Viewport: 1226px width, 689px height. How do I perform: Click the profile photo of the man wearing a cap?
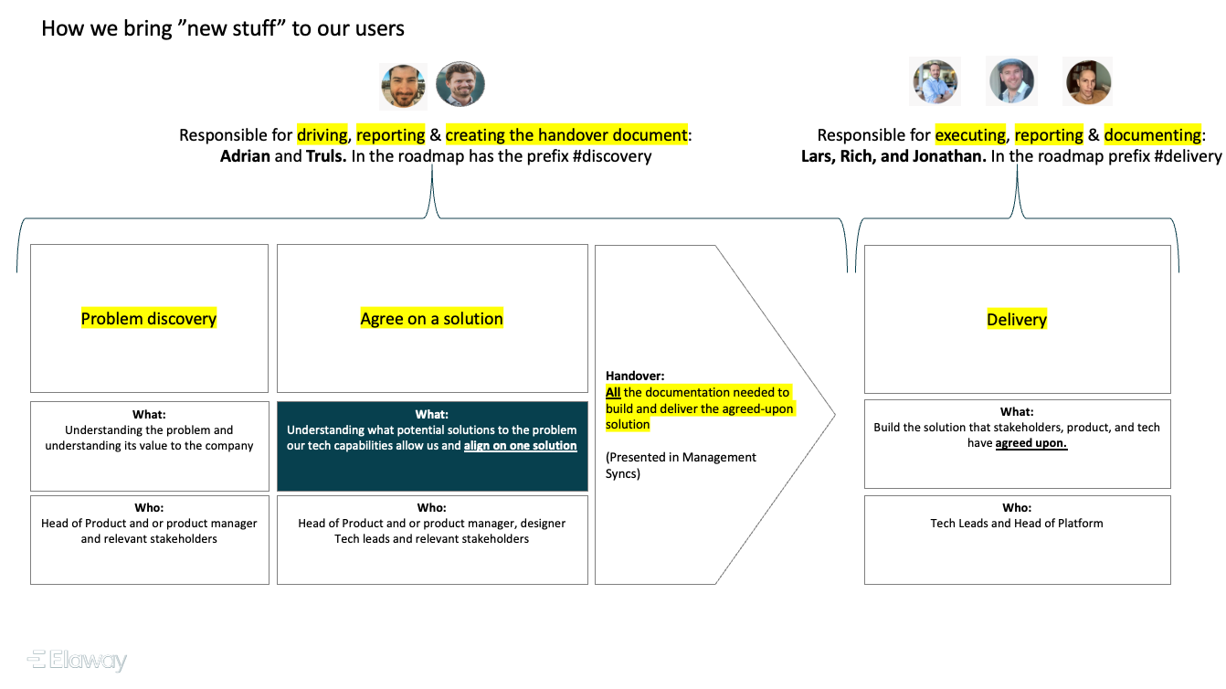(1011, 81)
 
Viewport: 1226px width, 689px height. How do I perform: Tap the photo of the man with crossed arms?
(935, 81)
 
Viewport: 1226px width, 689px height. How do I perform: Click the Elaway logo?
(78, 660)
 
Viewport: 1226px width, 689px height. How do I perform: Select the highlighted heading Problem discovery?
(149, 319)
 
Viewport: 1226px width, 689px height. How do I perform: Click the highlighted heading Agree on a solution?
(432, 319)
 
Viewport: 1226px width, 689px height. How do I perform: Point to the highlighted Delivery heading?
(1017, 320)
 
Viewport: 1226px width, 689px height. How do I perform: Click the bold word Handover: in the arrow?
(635, 376)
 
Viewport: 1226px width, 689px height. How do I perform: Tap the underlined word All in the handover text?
(613, 392)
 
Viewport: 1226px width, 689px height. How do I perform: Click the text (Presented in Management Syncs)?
(681, 465)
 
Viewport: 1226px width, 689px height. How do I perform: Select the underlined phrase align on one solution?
(521, 446)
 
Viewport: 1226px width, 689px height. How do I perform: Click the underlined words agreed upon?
(1031, 443)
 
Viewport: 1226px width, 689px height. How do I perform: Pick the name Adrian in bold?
(246, 156)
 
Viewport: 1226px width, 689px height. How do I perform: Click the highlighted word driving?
(322, 135)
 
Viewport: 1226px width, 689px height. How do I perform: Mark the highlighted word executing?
(970, 135)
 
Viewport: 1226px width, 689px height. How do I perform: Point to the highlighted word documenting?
(1152, 135)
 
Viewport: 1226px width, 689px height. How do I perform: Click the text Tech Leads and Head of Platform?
(1017, 524)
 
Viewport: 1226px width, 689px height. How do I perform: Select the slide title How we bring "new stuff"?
(223, 28)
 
